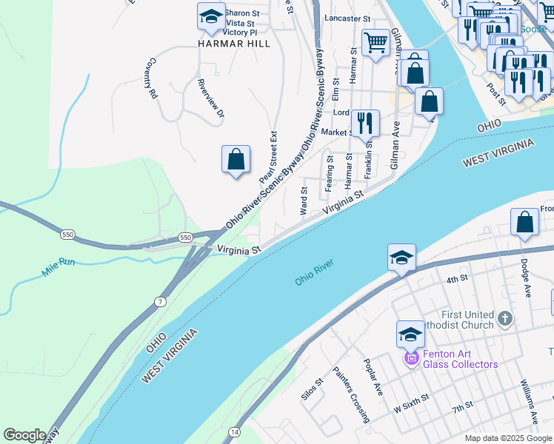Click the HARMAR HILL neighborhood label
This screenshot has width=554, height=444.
(x=233, y=44)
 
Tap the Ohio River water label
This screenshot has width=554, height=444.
(x=316, y=272)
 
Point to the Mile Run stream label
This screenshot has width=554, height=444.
(x=59, y=267)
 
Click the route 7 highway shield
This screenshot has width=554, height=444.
(x=161, y=301)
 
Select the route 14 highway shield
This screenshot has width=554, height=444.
(x=234, y=431)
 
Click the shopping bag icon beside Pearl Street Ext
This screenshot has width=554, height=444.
(x=236, y=159)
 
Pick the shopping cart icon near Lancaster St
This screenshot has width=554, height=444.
(x=376, y=43)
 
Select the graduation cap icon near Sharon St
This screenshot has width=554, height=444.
(x=211, y=17)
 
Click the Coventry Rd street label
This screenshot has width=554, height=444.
(x=153, y=78)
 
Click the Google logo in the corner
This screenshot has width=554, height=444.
(x=24, y=435)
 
